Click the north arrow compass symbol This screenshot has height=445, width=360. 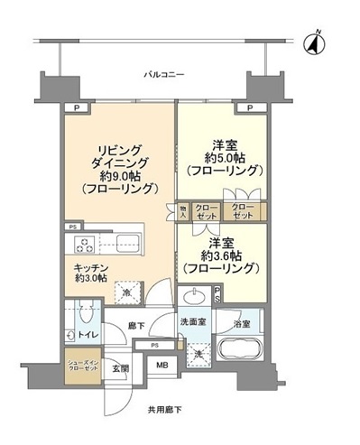[x=317, y=41]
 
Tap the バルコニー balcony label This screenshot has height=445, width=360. [x=166, y=77]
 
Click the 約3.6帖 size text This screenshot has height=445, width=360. [x=223, y=256]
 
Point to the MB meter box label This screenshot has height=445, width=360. [x=162, y=365]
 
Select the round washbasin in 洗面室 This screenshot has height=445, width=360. [x=194, y=298]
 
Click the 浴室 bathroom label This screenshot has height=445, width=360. [x=241, y=322]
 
